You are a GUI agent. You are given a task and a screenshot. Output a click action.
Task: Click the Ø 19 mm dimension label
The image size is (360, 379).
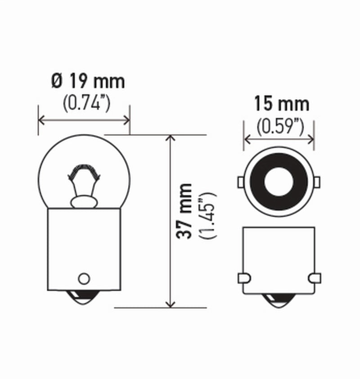click(x=87, y=82)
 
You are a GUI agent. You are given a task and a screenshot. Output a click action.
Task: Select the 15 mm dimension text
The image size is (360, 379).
click(x=282, y=104)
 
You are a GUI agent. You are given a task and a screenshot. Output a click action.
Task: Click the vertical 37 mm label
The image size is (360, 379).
click(x=184, y=211)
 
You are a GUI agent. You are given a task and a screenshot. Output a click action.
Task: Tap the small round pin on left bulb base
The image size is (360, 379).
click(x=83, y=278)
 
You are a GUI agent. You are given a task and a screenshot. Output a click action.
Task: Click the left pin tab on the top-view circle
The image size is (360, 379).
click(x=240, y=182)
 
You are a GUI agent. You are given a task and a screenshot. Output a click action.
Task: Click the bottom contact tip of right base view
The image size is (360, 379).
click(x=279, y=302)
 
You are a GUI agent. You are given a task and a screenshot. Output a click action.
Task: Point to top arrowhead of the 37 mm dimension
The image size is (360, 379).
click(x=171, y=138)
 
